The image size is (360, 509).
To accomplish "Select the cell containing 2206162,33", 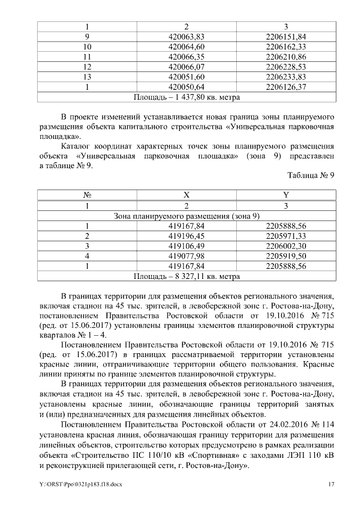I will pos(286,47).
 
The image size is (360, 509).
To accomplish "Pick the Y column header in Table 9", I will pos(286,196).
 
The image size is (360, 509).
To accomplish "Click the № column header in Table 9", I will pos(87,196).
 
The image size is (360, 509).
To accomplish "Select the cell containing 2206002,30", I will pos(286,246).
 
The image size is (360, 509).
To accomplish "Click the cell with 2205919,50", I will pos(286,256).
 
